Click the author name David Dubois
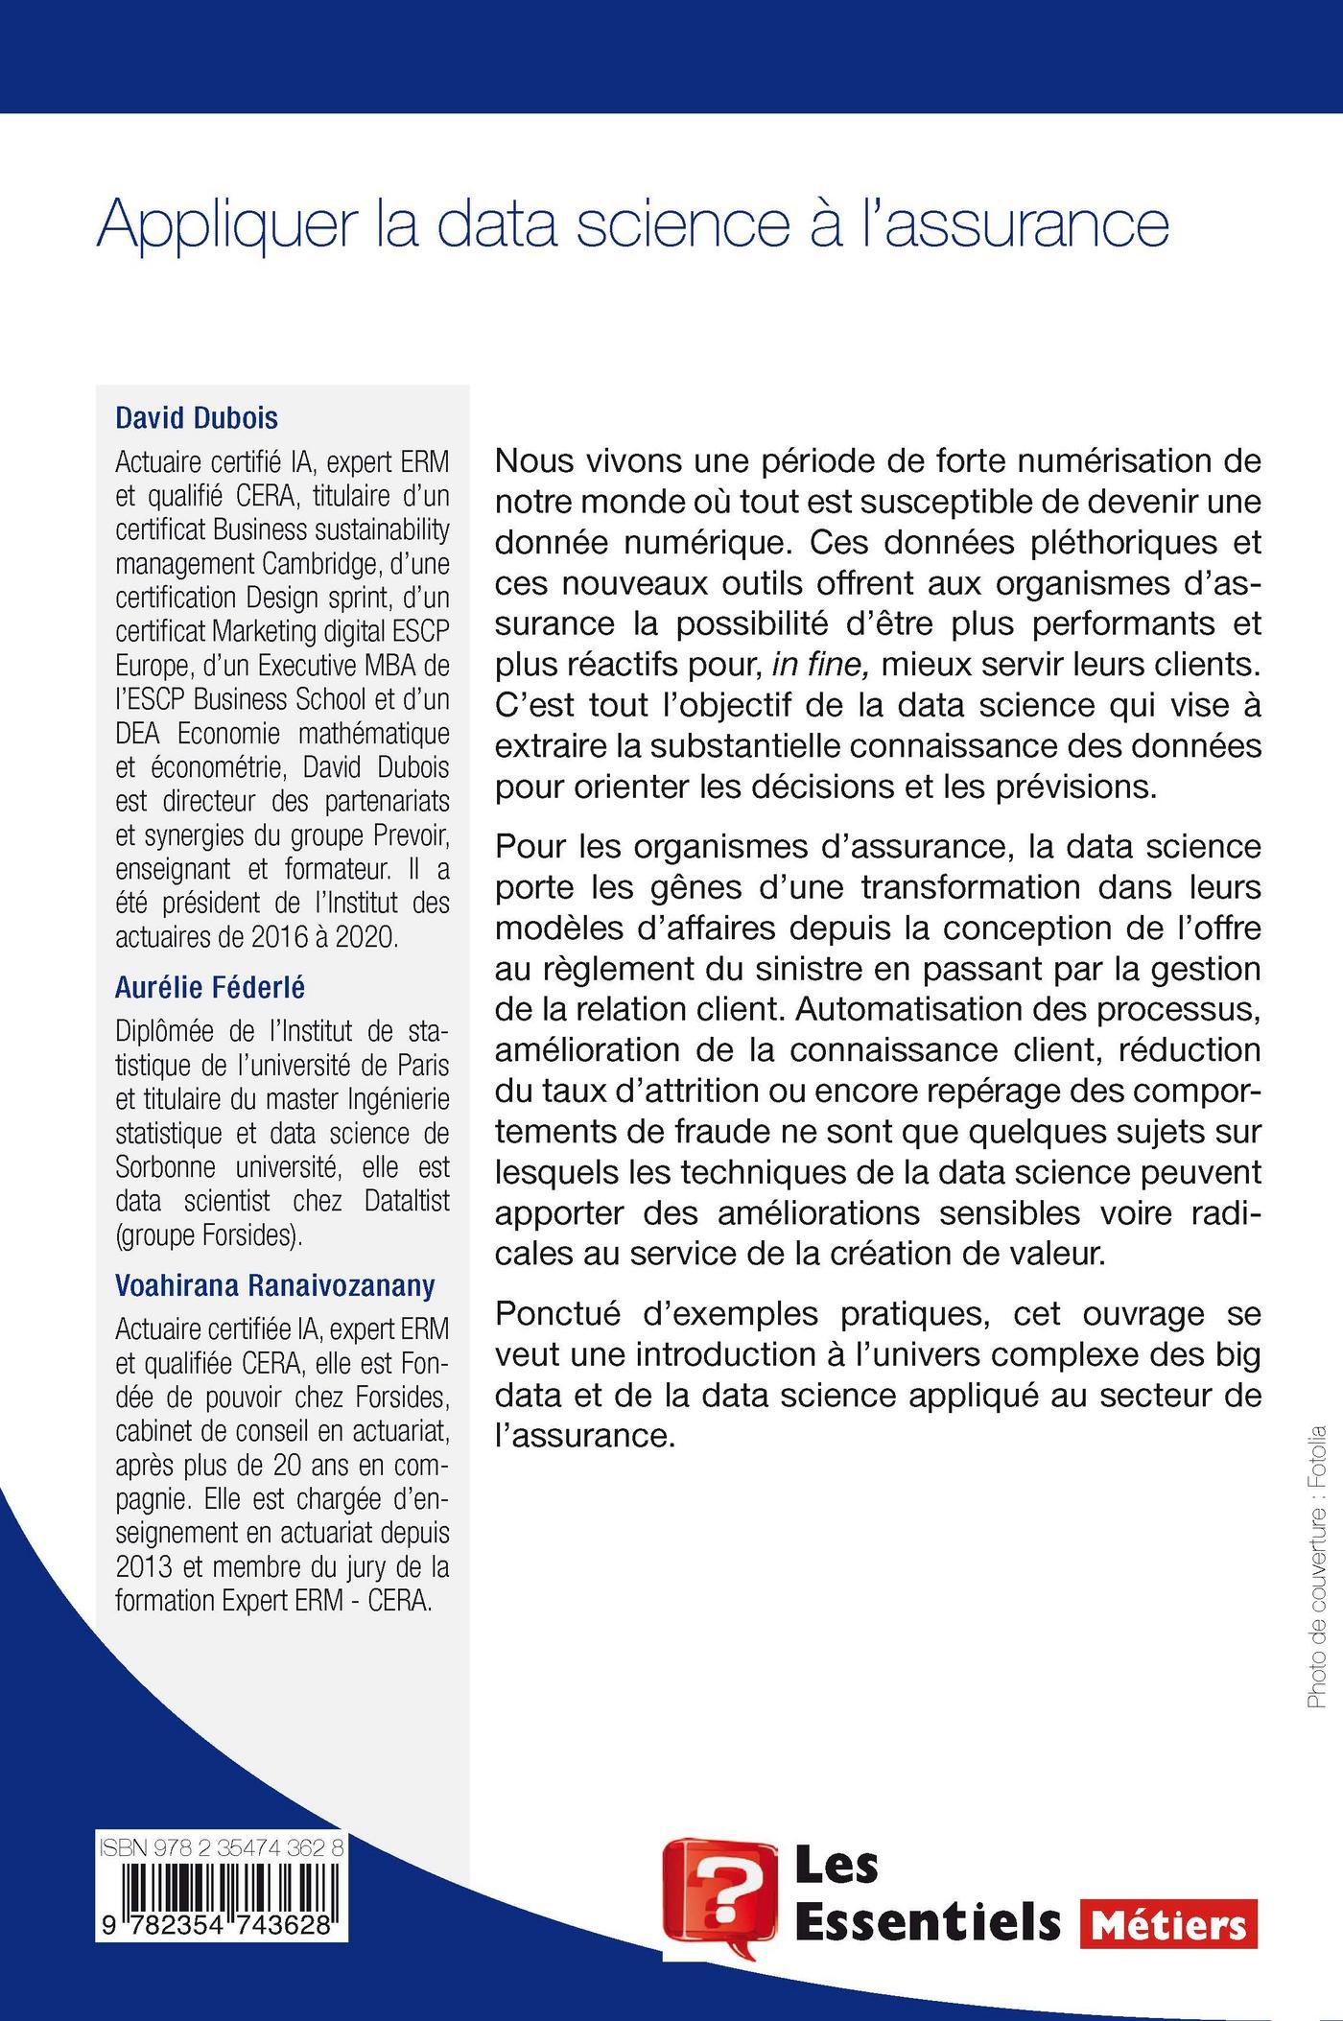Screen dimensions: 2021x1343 (197, 418)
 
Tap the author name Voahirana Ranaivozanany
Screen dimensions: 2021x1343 (275, 1285)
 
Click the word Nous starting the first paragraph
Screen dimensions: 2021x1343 (532, 460)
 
